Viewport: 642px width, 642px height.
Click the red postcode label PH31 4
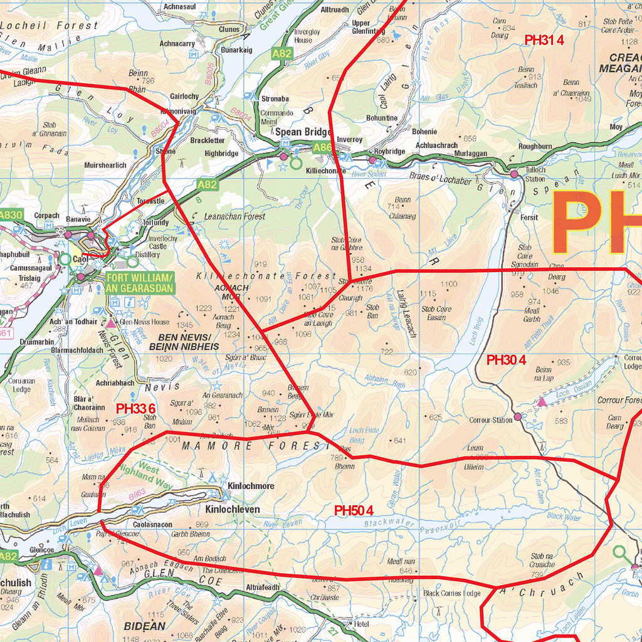544,40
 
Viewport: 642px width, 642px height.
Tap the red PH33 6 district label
135,408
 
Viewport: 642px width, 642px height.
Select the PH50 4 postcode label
354,510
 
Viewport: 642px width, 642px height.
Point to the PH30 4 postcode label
507,360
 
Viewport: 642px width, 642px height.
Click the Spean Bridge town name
303,132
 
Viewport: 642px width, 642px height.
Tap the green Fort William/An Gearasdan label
139,282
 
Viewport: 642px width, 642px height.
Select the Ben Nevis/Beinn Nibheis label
184,342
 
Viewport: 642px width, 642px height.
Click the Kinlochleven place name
233,510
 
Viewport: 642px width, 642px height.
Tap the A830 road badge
11,215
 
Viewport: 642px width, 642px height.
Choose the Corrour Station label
492,420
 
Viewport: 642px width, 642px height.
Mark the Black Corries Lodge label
451,593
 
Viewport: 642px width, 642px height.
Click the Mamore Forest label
255,446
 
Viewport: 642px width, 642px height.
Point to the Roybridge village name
389,151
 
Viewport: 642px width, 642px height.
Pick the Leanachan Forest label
234,216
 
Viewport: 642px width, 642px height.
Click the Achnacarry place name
177,44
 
